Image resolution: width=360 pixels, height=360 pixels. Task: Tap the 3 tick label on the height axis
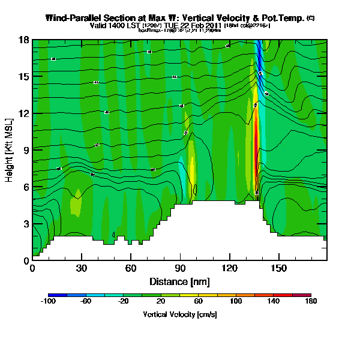click(x=26, y=224)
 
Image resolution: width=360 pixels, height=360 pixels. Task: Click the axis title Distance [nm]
click(x=179, y=281)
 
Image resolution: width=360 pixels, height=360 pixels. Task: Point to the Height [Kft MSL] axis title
click(x=10, y=150)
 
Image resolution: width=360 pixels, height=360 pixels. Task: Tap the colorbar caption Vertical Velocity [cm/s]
click(x=179, y=314)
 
